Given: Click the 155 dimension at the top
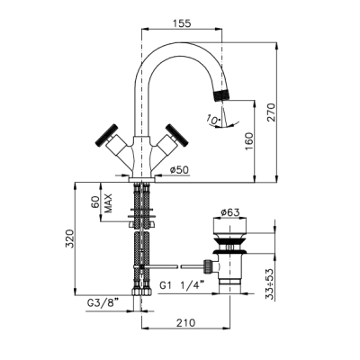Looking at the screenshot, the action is pyautogui.click(x=182, y=23).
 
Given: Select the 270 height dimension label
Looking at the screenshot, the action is pyautogui.click(x=271, y=112).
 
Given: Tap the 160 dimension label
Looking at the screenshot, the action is pyautogui.click(x=249, y=141).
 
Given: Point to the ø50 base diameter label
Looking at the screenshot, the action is pyautogui.click(x=179, y=170).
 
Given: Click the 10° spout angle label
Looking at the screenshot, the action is pyautogui.click(x=212, y=120).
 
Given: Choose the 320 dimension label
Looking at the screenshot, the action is pyautogui.click(x=70, y=238).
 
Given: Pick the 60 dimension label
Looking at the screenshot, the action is pyautogui.click(x=95, y=202).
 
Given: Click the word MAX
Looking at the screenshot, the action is pyautogui.click(x=108, y=203).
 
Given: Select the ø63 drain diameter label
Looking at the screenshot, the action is pyautogui.click(x=230, y=212).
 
